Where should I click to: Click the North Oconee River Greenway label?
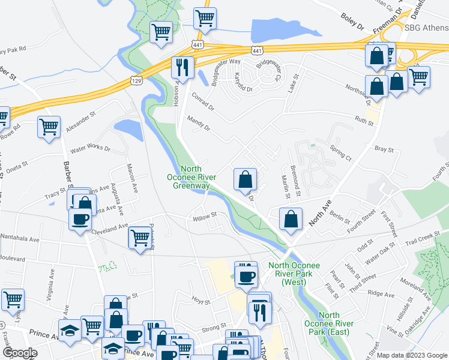[x=191, y=178]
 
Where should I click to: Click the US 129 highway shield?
[x=136, y=80]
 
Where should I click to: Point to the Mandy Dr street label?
[x=199, y=124]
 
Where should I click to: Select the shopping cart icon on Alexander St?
[x=49, y=127]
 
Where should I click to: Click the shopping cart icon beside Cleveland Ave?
[x=140, y=238]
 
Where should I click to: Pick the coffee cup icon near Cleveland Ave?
[x=80, y=218]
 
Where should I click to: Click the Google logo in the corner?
[x=20, y=353]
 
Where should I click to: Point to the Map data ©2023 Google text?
[x=411, y=355]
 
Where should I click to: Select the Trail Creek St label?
[x=418, y=239]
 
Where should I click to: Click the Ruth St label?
[x=364, y=122]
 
